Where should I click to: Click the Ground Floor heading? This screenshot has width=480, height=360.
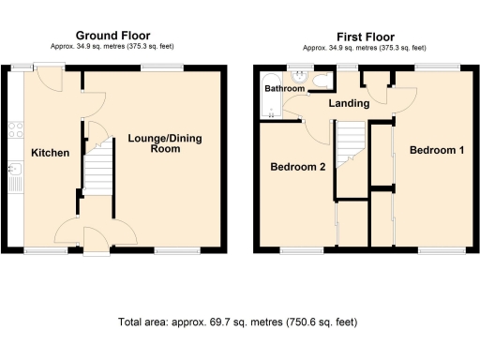tap(114, 34)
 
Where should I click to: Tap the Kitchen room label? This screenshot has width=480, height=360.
tap(50, 153)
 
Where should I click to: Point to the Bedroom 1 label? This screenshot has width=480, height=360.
tap(437, 151)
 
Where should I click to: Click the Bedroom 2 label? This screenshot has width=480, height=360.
tap(297, 168)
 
